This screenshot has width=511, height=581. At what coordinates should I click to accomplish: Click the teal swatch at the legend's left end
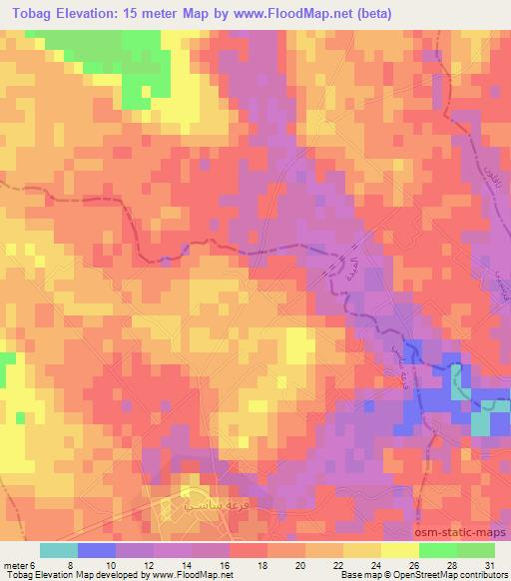(59, 549)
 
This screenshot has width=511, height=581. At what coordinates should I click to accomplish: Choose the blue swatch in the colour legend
(97, 549)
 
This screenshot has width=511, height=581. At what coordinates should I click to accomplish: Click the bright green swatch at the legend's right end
(475, 549)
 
